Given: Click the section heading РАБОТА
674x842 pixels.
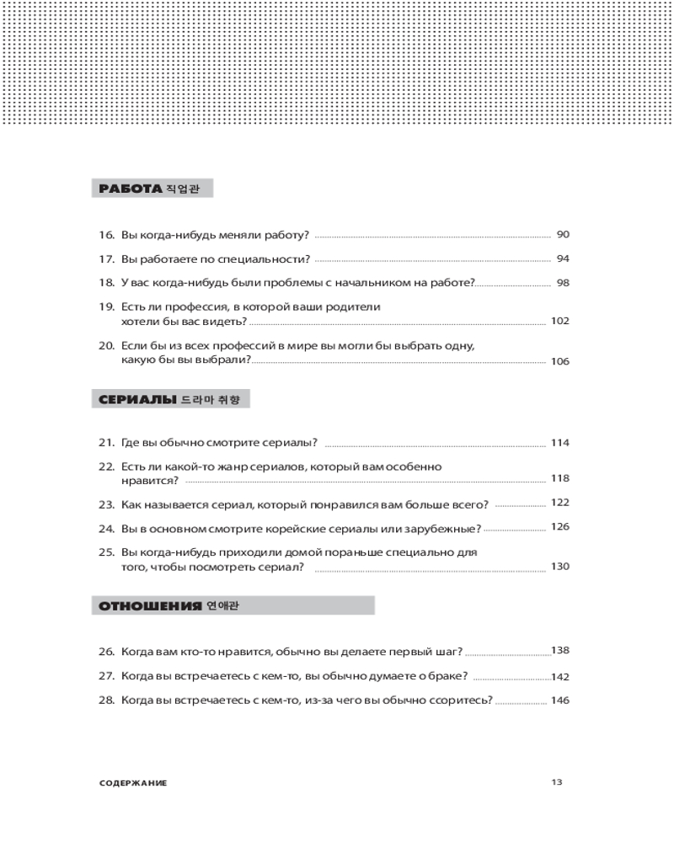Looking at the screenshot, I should (x=129, y=189).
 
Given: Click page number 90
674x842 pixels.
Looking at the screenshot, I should (x=564, y=234).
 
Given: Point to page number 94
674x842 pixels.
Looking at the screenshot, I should (x=564, y=258).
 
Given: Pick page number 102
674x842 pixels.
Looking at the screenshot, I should (x=560, y=321).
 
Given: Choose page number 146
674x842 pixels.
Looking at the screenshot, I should (x=560, y=701).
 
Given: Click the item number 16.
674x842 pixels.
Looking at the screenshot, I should (x=105, y=235).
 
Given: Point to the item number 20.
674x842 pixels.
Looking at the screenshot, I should (x=105, y=346).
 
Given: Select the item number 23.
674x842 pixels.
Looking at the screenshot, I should (x=105, y=504).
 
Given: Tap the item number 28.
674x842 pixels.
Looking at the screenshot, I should (x=105, y=701).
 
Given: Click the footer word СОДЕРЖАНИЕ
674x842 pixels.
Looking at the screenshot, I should (x=132, y=782).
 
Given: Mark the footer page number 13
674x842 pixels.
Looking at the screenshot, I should (x=556, y=781).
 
